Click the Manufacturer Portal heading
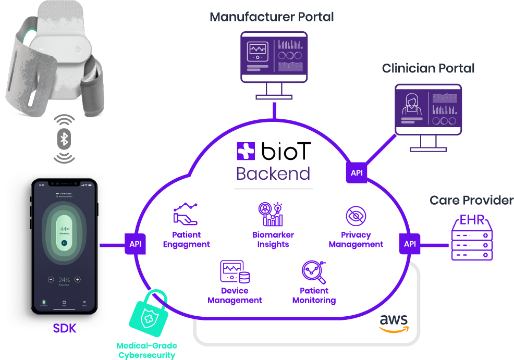click(x=272, y=17)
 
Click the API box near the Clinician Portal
click(x=357, y=172)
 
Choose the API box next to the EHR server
click(x=410, y=244)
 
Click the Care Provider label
click(x=471, y=200)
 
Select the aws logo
click(x=394, y=322)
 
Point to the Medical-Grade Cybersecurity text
click(x=146, y=351)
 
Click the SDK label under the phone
click(x=65, y=328)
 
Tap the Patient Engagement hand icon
click(x=186, y=214)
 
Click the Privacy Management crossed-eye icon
click(x=356, y=216)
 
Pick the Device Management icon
click(x=235, y=272)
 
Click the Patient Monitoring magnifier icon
click(x=314, y=272)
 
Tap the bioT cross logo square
click(x=246, y=151)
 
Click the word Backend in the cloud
click(x=273, y=173)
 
